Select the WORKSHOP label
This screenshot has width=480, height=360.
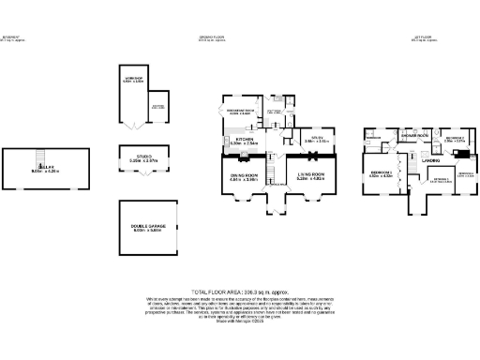(x=132, y=78)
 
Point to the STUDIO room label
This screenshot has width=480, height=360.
(x=138, y=157)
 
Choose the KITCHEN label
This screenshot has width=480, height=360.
(x=246, y=139)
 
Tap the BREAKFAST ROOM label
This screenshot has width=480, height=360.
(x=241, y=112)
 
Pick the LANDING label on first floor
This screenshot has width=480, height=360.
(x=432, y=160)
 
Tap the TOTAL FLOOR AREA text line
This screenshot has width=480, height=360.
(x=240, y=292)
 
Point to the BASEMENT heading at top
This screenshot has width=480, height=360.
(x=13, y=37)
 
